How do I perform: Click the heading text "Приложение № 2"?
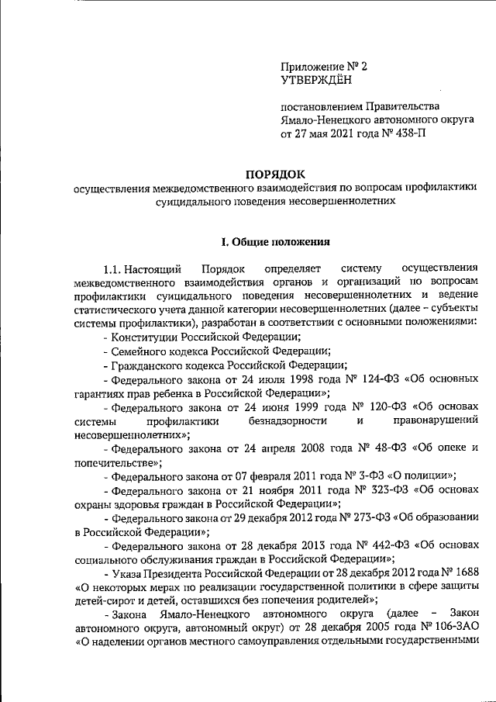pyautogui.click(x=323, y=66)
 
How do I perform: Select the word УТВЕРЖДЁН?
pyautogui.click(x=315, y=79)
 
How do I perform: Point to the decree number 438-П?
pyautogui.click(x=407, y=133)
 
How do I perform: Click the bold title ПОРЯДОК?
pyautogui.click(x=276, y=174)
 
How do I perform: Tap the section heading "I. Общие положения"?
pyautogui.click(x=276, y=242)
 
